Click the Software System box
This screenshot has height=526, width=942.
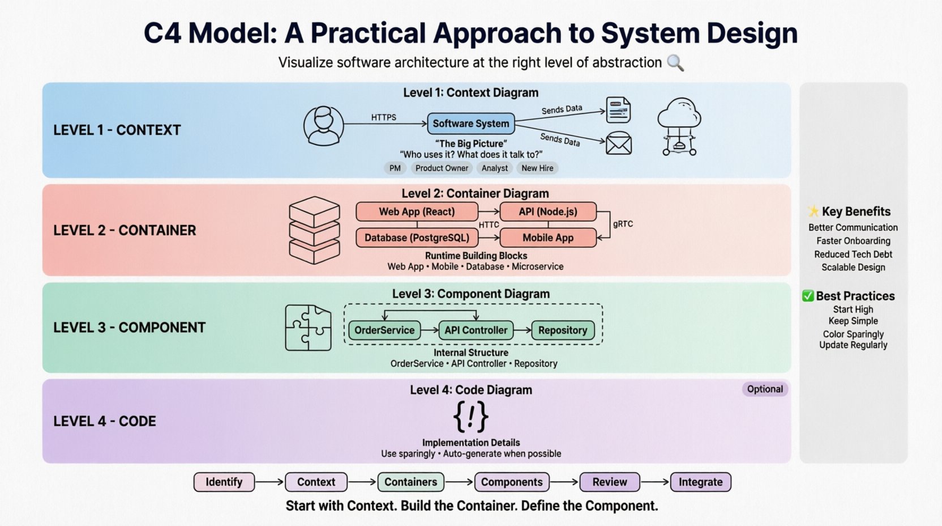pyautogui.click(x=470, y=124)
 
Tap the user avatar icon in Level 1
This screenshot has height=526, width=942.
pyautogui.click(x=323, y=125)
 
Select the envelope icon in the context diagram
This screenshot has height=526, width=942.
pyautogui.click(x=618, y=143)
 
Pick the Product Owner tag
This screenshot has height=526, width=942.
pyautogui.click(x=442, y=168)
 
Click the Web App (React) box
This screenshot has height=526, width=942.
pyautogui.click(x=417, y=212)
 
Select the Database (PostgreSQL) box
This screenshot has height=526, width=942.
pyautogui.click(x=417, y=238)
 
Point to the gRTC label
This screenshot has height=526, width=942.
pyautogui.click(x=623, y=224)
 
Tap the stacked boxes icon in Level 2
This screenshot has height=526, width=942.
pyautogui.click(x=314, y=230)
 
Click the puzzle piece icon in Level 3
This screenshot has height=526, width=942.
pyautogui.click(x=308, y=328)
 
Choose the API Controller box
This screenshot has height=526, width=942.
pyautogui.click(x=476, y=330)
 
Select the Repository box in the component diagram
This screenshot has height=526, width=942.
pyautogui.click(x=562, y=330)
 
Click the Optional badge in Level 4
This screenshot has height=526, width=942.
pyautogui.click(x=765, y=389)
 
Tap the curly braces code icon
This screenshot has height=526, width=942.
pyautogui.click(x=470, y=417)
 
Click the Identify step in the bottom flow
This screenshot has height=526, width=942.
pyautogui.click(x=224, y=482)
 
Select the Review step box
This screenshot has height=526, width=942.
pyautogui.click(x=610, y=482)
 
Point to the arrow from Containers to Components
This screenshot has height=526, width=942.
pyautogui.click(x=459, y=482)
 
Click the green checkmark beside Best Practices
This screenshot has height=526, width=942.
pyautogui.click(x=808, y=296)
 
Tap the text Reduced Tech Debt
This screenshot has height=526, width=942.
pyautogui.click(x=853, y=254)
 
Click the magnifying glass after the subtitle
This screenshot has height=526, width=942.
pyautogui.click(x=675, y=63)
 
